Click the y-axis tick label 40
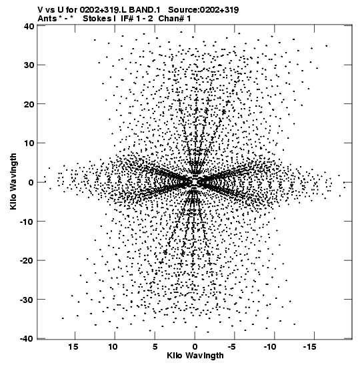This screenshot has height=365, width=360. point(29,26)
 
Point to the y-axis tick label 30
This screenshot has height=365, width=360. point(29,65)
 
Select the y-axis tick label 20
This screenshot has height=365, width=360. point(29,104)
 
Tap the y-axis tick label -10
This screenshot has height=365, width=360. point(27,222)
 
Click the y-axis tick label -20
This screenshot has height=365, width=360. point(27,260)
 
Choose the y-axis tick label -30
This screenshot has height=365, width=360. point(27,300)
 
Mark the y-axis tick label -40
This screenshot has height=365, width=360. point(27,339)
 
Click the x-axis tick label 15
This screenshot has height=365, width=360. point(73,347)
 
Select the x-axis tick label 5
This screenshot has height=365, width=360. point(155,347)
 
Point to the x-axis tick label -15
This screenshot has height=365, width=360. point(309,347)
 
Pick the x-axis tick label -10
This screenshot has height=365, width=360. point(270,347)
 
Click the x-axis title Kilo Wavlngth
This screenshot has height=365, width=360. point(195,356)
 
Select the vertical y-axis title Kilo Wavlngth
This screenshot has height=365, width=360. point(13,181)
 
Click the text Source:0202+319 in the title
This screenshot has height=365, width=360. point(203,10)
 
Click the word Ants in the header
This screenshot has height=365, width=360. point(47,19)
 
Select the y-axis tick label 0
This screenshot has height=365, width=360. point(31,182)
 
